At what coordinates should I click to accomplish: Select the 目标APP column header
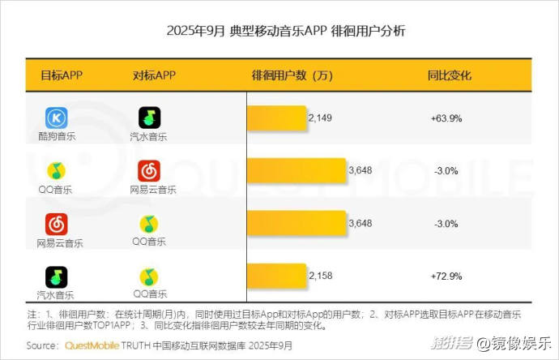62,75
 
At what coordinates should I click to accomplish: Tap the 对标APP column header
154,75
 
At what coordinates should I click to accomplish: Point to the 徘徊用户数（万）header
292,75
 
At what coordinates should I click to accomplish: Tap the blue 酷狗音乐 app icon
56,118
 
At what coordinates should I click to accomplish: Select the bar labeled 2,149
275,118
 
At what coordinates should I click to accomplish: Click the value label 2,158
320,276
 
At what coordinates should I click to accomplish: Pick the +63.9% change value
446,118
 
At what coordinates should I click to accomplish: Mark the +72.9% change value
446,276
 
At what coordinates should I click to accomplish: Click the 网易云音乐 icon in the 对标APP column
148,170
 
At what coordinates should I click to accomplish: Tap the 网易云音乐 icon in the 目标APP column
56,223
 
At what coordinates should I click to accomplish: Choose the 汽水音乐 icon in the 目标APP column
56,276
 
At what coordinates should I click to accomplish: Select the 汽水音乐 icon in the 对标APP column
149,118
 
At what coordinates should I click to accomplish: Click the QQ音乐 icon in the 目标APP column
56,170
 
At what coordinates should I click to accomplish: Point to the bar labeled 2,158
275,276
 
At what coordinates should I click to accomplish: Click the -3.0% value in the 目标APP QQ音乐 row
446,170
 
